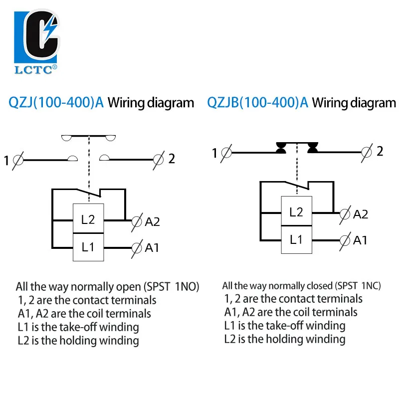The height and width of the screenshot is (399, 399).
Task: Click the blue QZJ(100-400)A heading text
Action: tap(56, 103)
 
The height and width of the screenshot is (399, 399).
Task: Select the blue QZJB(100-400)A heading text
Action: tap(257, 103)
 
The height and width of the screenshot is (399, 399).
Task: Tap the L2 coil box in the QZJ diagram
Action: tap(88, 218)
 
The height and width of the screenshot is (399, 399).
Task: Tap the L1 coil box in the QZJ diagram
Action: tap(88, 247)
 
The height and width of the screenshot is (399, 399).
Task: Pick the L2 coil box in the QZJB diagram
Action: tap(296, 211)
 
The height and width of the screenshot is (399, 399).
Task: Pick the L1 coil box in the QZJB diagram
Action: tap(296, 240)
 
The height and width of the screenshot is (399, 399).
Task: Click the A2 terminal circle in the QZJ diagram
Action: tap(137, 221)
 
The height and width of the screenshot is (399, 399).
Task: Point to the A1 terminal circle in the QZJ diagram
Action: tap(137, 248)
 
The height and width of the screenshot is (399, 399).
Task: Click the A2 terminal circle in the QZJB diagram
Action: tap(345, 214)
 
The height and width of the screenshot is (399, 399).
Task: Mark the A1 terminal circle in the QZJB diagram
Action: tap(345, 240)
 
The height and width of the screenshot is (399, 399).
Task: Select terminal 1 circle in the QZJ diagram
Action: tap(18, 160)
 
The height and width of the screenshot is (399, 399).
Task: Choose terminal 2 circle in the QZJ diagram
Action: tap(158, 160)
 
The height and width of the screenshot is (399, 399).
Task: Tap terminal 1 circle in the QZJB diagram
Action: tap(226, 153)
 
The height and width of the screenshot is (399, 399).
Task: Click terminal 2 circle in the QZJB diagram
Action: tap(367, 153)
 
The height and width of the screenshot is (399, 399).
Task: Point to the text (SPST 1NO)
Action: tap(171, 287)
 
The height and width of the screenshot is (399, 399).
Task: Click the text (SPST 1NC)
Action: tap(358, 286)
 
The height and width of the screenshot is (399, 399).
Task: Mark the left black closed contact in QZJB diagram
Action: tap(281, 148)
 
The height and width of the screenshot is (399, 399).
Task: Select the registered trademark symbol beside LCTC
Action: tap(54, 67)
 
